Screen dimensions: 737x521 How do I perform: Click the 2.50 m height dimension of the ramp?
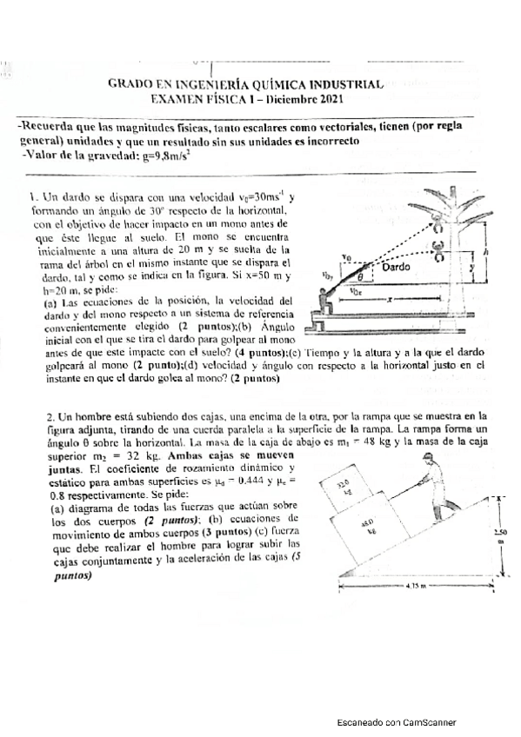click(496, 534)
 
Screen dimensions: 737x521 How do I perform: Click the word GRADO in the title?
click(128, 84)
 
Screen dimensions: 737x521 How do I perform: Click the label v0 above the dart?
click(347, 257)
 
